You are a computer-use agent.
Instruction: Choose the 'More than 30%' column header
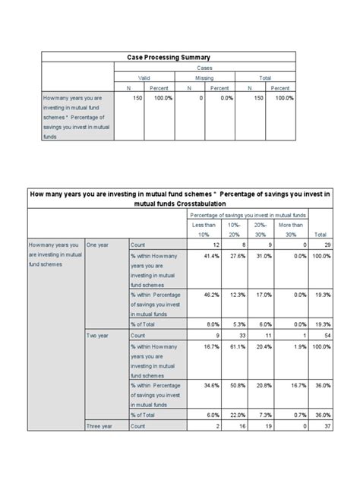[291, 230]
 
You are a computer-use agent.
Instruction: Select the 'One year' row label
[99, 245]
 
